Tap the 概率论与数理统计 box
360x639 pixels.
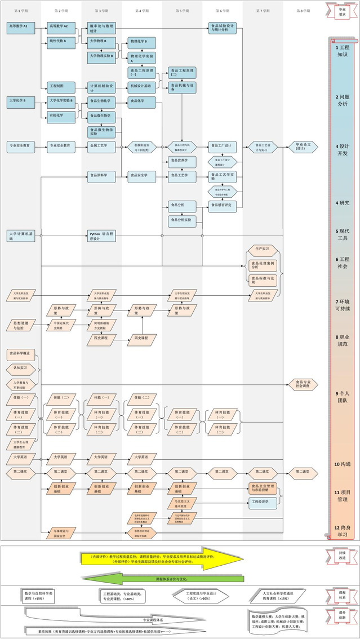102,29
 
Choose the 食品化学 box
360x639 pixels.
141,101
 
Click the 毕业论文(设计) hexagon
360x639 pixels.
303,146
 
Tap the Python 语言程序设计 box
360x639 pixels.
102,236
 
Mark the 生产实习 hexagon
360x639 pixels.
263,248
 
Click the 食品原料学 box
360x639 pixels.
102,176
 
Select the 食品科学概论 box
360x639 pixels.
21,354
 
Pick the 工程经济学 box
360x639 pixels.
263,502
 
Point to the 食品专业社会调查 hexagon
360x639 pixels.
303,384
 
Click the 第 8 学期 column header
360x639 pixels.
303,11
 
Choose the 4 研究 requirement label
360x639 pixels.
342,203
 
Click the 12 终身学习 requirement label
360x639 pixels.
342,531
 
